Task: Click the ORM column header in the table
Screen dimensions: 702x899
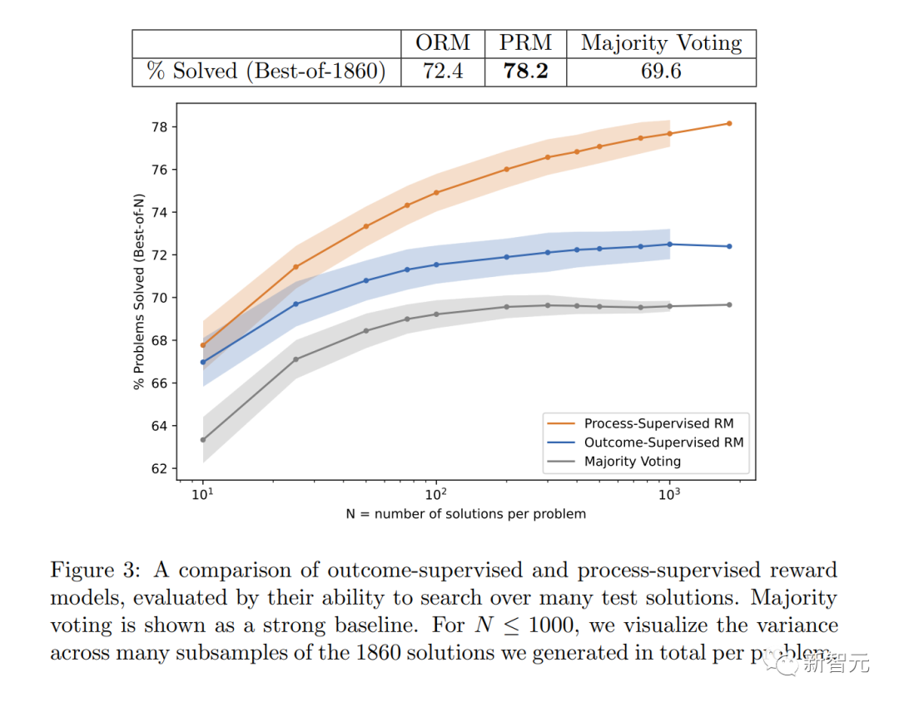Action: pyautogui.click(x=443, y=43)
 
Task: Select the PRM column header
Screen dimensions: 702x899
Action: pyautogui.click(x=525, y=43)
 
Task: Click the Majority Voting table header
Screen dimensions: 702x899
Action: pyautogui.click(x=661, y=43)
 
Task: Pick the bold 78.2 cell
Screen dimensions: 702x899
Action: pyautogui.click(x=525, y=72)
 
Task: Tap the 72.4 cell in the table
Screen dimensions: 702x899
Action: pyautogui.click(x=443, y=72)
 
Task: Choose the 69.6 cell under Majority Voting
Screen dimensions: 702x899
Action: pyautogui.click(x=661, y=72)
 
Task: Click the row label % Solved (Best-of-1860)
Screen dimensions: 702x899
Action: pyautogui.click(x=266, y=72)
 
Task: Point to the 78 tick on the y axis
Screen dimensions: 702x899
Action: pyautogui.click(x=159, y=127)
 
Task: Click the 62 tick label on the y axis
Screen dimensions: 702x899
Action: pyautogui.click(x=159, y=468)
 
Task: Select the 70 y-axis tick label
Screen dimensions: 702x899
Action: pyautogui.click(x=159, y=298)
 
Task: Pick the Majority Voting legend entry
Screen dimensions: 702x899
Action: pyautogui.click(x=632, y=461)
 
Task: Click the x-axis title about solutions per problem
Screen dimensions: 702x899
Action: pyautogui.click(x=465, y=514)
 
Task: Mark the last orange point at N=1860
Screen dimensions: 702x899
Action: pyautogui.click(x=729, y=123)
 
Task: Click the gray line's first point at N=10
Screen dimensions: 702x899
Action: pyautogui.click(x=203, y=439)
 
